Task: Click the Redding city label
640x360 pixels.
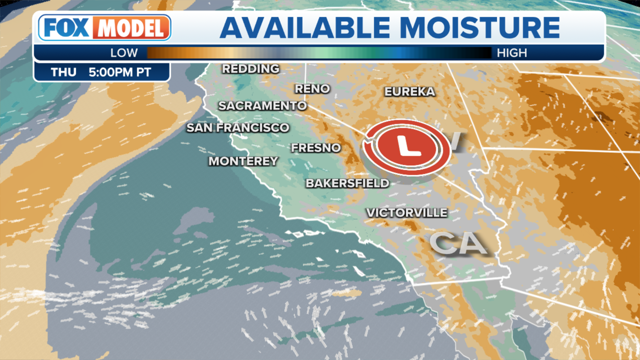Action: (251, 69)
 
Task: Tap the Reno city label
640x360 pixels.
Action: (312, 89)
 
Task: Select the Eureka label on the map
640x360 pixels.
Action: (410, 92)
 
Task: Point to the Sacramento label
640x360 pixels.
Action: (262, 106)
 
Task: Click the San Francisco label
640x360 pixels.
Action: (238, 128)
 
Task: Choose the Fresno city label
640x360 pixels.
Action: (316, 148)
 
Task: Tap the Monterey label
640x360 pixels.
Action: (243, 161)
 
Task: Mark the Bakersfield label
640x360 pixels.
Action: (347, 183)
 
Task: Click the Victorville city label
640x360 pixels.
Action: (407, 213)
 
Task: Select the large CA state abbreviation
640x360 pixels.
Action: (458, 243)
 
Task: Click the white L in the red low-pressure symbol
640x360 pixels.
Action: (408, 147)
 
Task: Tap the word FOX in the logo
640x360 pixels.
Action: (66, 28)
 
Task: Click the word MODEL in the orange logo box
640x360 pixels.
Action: (131, 28)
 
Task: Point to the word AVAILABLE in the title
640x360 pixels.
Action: (305, 28)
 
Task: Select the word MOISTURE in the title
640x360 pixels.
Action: (480, 28)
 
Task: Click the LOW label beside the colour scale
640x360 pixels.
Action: (124, 53)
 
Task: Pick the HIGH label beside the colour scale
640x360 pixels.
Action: (512, 53)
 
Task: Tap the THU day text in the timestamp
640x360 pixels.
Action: (63, 72)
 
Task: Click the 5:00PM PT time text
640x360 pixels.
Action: (120, 72)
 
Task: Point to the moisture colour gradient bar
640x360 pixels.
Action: (319, 53)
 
